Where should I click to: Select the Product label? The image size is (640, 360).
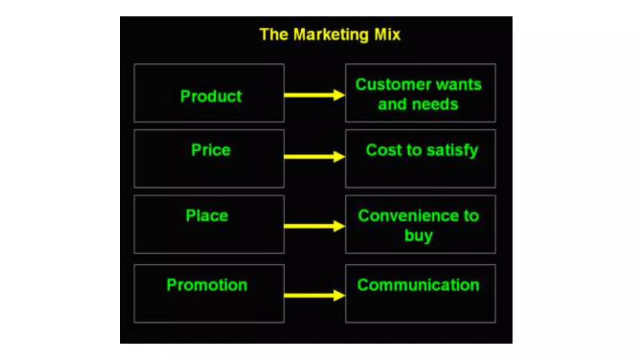211,96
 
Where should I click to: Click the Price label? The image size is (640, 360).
211,150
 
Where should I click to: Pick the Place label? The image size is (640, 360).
207,216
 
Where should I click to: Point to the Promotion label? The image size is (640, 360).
207,285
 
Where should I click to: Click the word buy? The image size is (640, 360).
418,236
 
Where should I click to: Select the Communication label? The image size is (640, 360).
418,285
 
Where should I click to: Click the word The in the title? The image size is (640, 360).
274,34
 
